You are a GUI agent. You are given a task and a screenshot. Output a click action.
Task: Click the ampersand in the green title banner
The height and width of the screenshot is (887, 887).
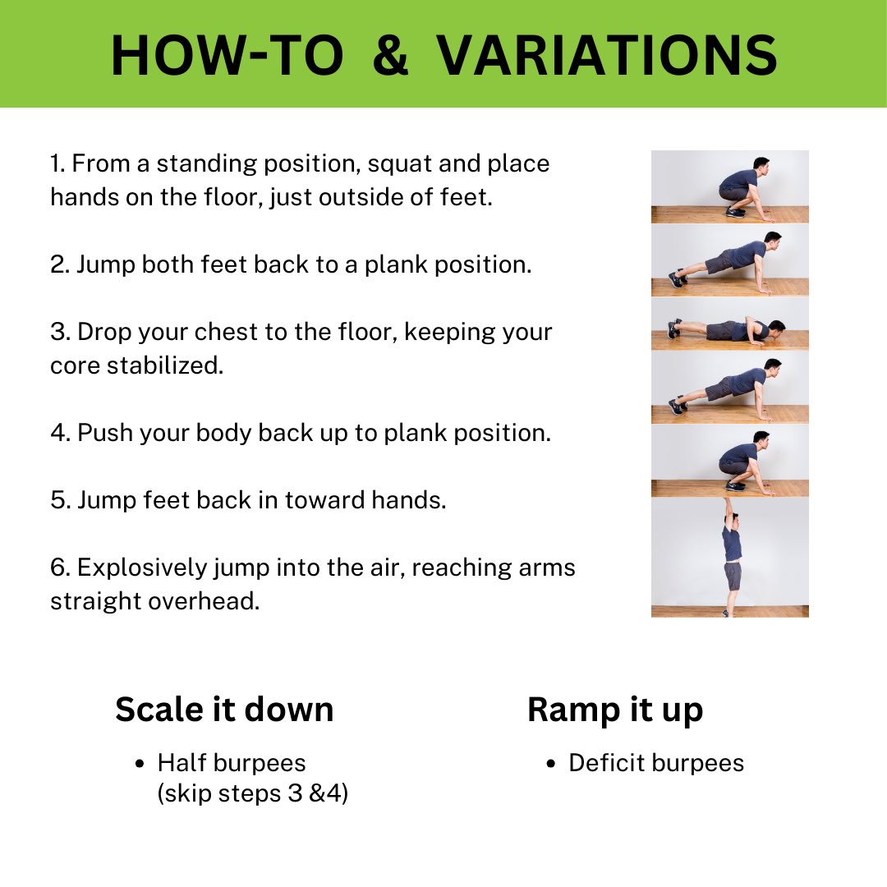390,55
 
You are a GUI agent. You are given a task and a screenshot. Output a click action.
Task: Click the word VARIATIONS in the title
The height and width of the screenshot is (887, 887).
607,55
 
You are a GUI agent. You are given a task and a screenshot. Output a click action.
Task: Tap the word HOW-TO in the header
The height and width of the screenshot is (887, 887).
227,55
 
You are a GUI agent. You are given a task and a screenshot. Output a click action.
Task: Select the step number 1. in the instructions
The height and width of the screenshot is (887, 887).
58,163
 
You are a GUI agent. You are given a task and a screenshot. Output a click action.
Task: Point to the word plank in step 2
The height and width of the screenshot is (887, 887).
395,264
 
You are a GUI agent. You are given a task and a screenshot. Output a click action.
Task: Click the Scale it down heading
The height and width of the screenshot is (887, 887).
224,710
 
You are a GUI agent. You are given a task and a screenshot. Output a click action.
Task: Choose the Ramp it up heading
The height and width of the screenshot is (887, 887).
615,710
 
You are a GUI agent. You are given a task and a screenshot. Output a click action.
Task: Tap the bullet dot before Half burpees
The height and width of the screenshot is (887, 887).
140,765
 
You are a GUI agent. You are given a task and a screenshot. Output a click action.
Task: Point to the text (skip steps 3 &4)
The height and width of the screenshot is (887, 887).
252,793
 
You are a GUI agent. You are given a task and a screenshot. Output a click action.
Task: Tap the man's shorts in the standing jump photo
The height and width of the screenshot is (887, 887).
732,576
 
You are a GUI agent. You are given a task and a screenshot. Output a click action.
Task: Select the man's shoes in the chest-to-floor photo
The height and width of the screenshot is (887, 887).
674,328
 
